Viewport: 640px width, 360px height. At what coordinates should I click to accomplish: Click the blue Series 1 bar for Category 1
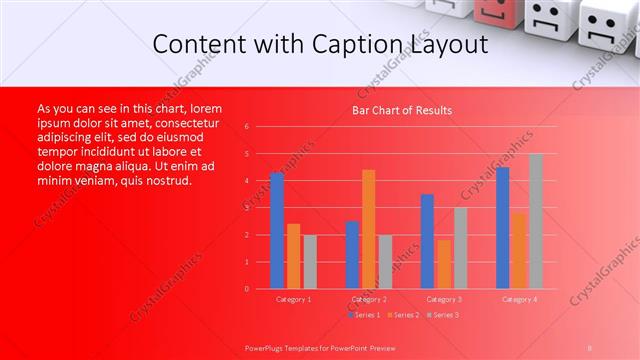point(277,231)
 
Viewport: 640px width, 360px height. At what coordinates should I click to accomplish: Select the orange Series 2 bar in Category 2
point(369,229)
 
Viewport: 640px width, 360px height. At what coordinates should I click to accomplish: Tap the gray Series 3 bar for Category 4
point(536,221)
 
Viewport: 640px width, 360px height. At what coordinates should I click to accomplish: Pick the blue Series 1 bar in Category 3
point(427,241)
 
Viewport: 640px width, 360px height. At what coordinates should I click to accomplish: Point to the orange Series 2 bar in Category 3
point(444,264)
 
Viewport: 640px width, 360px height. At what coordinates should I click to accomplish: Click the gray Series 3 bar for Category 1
point(310,262)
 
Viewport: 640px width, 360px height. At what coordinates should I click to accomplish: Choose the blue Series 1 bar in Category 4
point(502,228)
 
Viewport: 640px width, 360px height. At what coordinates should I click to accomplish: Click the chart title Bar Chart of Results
point(402,110)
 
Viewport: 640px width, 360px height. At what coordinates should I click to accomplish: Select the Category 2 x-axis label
point(369,299)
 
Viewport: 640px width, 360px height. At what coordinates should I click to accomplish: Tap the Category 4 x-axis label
point(519,299)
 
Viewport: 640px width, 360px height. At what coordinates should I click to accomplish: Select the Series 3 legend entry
point(444,315)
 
